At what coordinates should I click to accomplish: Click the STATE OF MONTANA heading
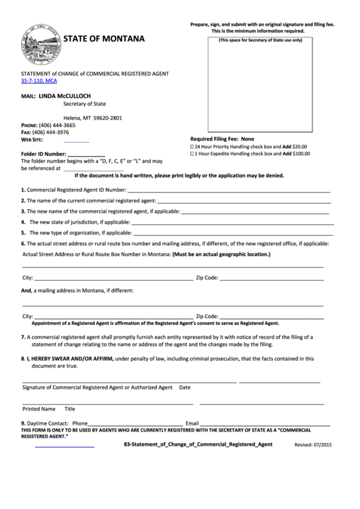point(104,39)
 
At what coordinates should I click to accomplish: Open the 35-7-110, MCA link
point(39,81)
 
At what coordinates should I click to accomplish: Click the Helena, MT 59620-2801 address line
point(92,118)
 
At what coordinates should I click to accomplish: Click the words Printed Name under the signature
point(39,409)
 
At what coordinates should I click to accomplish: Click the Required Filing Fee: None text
point(221,138)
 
